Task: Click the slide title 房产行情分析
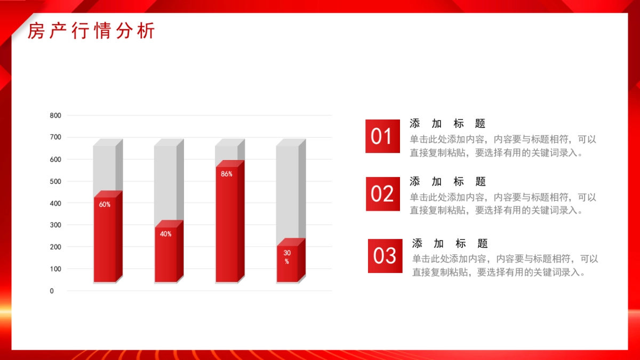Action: pos(91,30)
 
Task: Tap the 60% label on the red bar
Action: pos(105,204)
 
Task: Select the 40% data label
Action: pos(166,234)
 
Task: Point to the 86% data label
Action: pos(227,174)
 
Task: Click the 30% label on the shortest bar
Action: pos(287,257)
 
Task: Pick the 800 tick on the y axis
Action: pos(55,115)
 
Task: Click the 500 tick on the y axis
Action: pos(55,181)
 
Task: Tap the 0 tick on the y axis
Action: pos(52,291)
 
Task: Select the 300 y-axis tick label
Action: pos(55,225)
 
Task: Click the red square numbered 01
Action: pos(382,137)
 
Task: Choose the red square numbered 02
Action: pos(383,194)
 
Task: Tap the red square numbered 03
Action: pos(385,256)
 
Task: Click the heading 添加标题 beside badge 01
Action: pos(447,124)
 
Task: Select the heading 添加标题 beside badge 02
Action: pos(447,181)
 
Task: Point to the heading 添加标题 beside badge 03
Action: pos(450,244)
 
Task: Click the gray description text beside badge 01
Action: pos(503,146)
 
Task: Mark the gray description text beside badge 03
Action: pos(505,266)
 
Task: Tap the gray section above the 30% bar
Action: pos(291,191)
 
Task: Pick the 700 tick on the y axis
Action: pos(55,137)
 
